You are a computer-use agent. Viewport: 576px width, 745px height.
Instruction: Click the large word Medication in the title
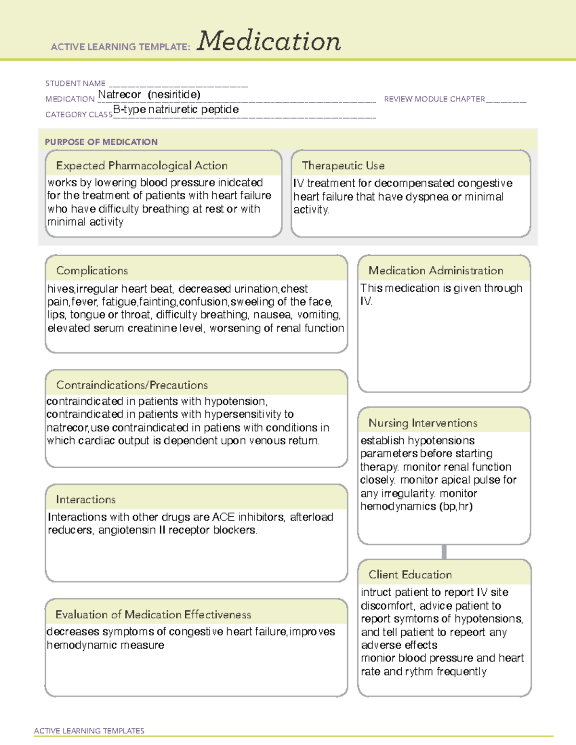269,41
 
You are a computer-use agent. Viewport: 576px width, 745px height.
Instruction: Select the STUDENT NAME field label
75,83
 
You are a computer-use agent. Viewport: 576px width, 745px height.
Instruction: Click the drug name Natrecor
120,95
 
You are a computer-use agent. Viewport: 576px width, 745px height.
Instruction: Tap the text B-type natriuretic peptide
176,109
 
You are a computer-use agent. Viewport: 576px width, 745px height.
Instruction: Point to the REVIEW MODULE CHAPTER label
434,99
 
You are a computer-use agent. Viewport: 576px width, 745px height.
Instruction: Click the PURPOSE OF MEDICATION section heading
101,142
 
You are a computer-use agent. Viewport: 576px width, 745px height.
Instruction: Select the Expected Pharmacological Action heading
142,166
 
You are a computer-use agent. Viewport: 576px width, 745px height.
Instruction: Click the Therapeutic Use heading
343,166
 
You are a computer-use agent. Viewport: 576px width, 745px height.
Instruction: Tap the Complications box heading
92,271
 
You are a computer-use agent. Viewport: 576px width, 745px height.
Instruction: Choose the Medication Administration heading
435,271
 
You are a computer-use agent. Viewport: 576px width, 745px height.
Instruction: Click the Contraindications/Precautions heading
132,385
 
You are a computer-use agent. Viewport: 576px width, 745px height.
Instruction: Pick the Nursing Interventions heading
422,423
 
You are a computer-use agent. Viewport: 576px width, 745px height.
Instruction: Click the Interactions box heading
85,499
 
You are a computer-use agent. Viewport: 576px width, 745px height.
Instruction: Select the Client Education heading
410,574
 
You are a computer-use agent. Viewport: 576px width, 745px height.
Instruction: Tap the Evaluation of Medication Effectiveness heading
153,615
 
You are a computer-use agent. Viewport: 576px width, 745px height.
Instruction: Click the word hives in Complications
60,289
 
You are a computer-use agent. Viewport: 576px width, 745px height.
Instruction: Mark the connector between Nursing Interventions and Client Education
444,552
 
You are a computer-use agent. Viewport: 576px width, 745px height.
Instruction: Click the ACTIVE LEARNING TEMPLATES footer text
89,731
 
